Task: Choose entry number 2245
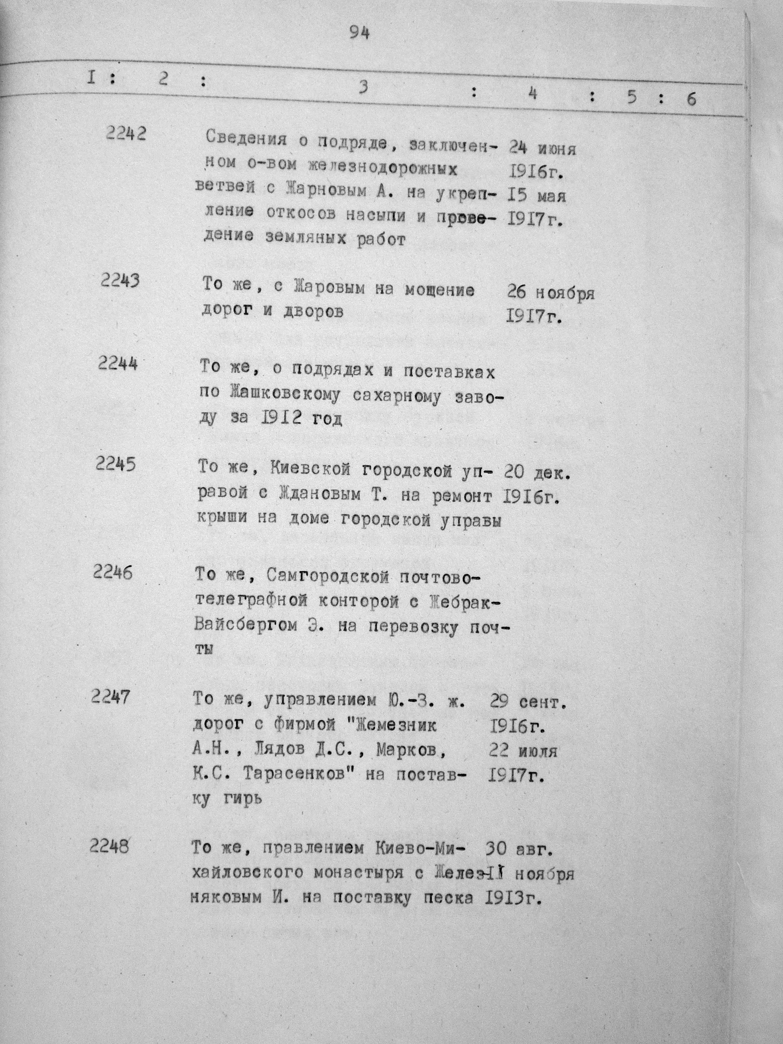pos(115,464)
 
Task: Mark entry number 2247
pos(110,697)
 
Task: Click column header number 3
pos(362,88)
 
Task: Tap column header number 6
pos(691,99)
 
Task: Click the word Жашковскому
pos(284,395)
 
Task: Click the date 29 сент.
pos(527,703)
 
